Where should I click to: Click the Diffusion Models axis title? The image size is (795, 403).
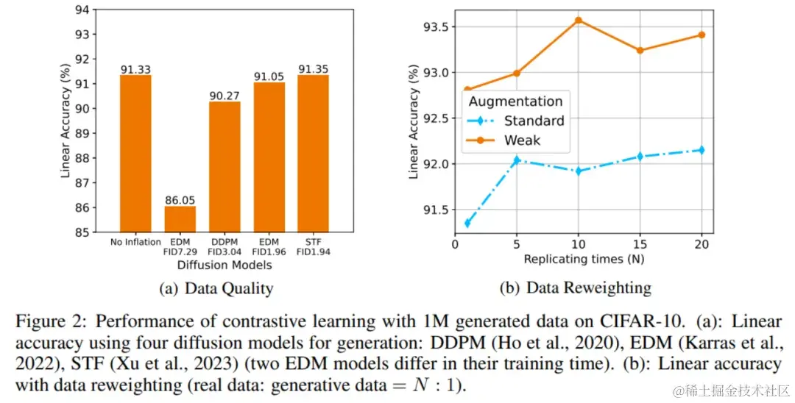point(225,265)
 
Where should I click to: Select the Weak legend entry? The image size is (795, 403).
point(521,140)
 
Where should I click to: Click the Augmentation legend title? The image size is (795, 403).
point(515,101)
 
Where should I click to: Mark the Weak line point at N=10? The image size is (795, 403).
point(579,20)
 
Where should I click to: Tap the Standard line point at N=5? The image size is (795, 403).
point(517,160)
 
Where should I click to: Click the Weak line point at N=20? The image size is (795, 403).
point(702,35)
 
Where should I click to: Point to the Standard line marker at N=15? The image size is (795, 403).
point(640,156)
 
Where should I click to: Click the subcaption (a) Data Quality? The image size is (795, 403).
point(216,289)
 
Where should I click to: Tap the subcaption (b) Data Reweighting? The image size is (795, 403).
point(576,288)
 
